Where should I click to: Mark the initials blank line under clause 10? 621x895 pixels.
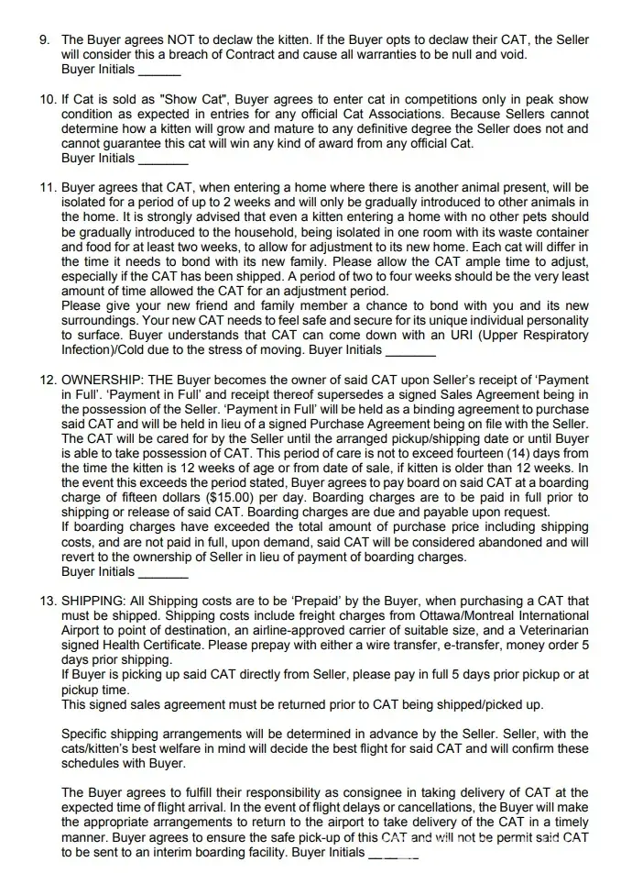[x=161, y=160]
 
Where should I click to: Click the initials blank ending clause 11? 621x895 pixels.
[x=411, y=352]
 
